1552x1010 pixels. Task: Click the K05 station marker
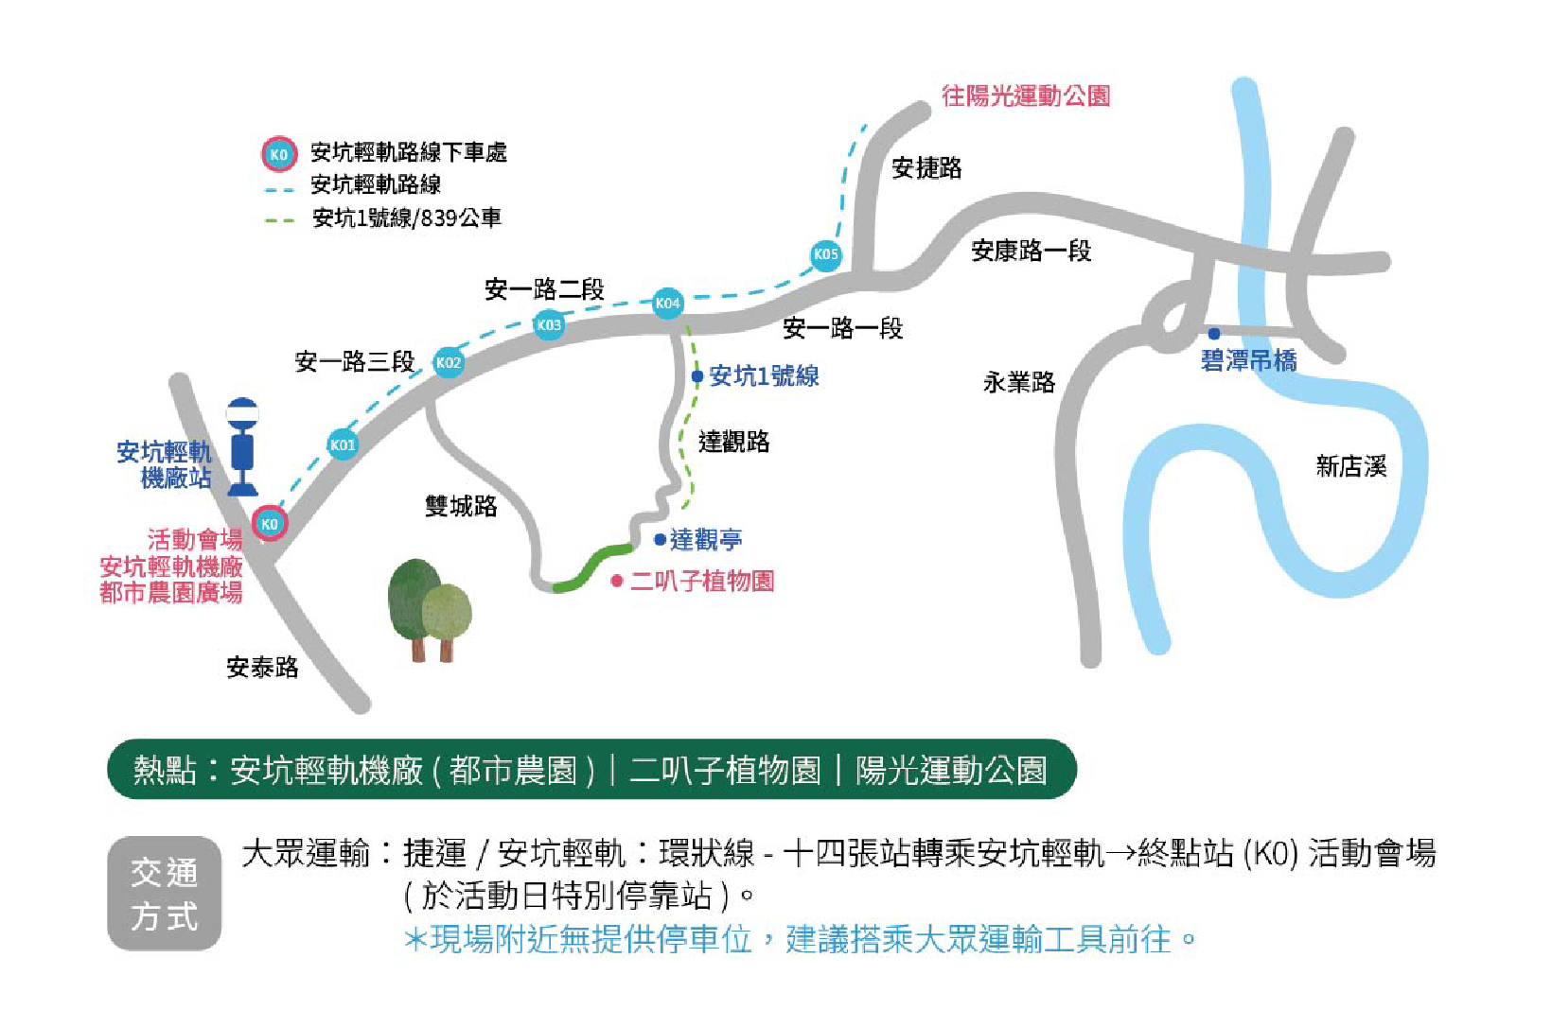(825, 253)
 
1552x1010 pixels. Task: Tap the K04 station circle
(667, 303)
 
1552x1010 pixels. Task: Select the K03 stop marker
(549, 324)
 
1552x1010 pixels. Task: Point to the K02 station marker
(449, 362)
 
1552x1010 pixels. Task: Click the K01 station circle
(343, 444)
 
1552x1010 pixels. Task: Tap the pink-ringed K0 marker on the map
(270, 523)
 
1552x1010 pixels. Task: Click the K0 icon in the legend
(279, 154)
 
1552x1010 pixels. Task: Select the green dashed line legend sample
(280, 220)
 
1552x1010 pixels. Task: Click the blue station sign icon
(242, 445)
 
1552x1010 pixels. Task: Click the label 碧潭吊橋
(1248, 360)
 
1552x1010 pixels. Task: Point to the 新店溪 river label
(1350, 466)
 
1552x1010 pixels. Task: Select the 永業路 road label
(1018, 382)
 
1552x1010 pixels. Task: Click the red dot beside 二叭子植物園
(617, 581)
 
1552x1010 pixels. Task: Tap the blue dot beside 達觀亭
(660, 540)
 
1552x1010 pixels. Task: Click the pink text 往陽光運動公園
(1026, 96)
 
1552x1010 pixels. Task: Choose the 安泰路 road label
(262, 668)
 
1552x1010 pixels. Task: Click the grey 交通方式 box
(164, 893)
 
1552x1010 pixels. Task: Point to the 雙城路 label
(461, 506)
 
